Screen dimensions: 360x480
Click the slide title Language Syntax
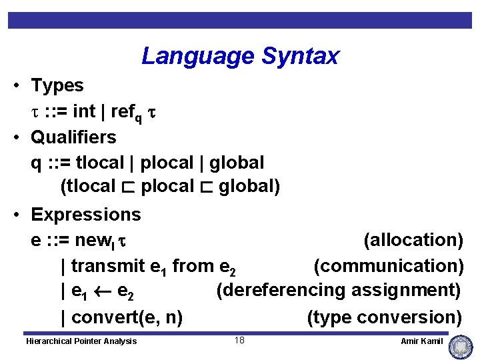(240, 56)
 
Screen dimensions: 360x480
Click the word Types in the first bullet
(57, 86)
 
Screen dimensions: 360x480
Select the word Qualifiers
(73, 138)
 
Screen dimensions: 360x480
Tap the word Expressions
(86, 215)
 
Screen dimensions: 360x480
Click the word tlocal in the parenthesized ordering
(88, 187)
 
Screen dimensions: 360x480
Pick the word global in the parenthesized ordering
(249, 187)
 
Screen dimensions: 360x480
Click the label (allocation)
(413, 240)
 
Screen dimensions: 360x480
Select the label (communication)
(389, 265)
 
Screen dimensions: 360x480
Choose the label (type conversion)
(384, 317)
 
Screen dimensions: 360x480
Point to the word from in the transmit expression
(193, 266)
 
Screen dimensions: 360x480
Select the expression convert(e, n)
(127, 317)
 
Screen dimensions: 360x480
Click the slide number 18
(239, 341)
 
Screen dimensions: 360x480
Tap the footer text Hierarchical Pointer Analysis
(81, 341)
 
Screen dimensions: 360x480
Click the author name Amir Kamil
(421, 341)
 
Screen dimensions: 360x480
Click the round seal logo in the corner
(461, 347)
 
